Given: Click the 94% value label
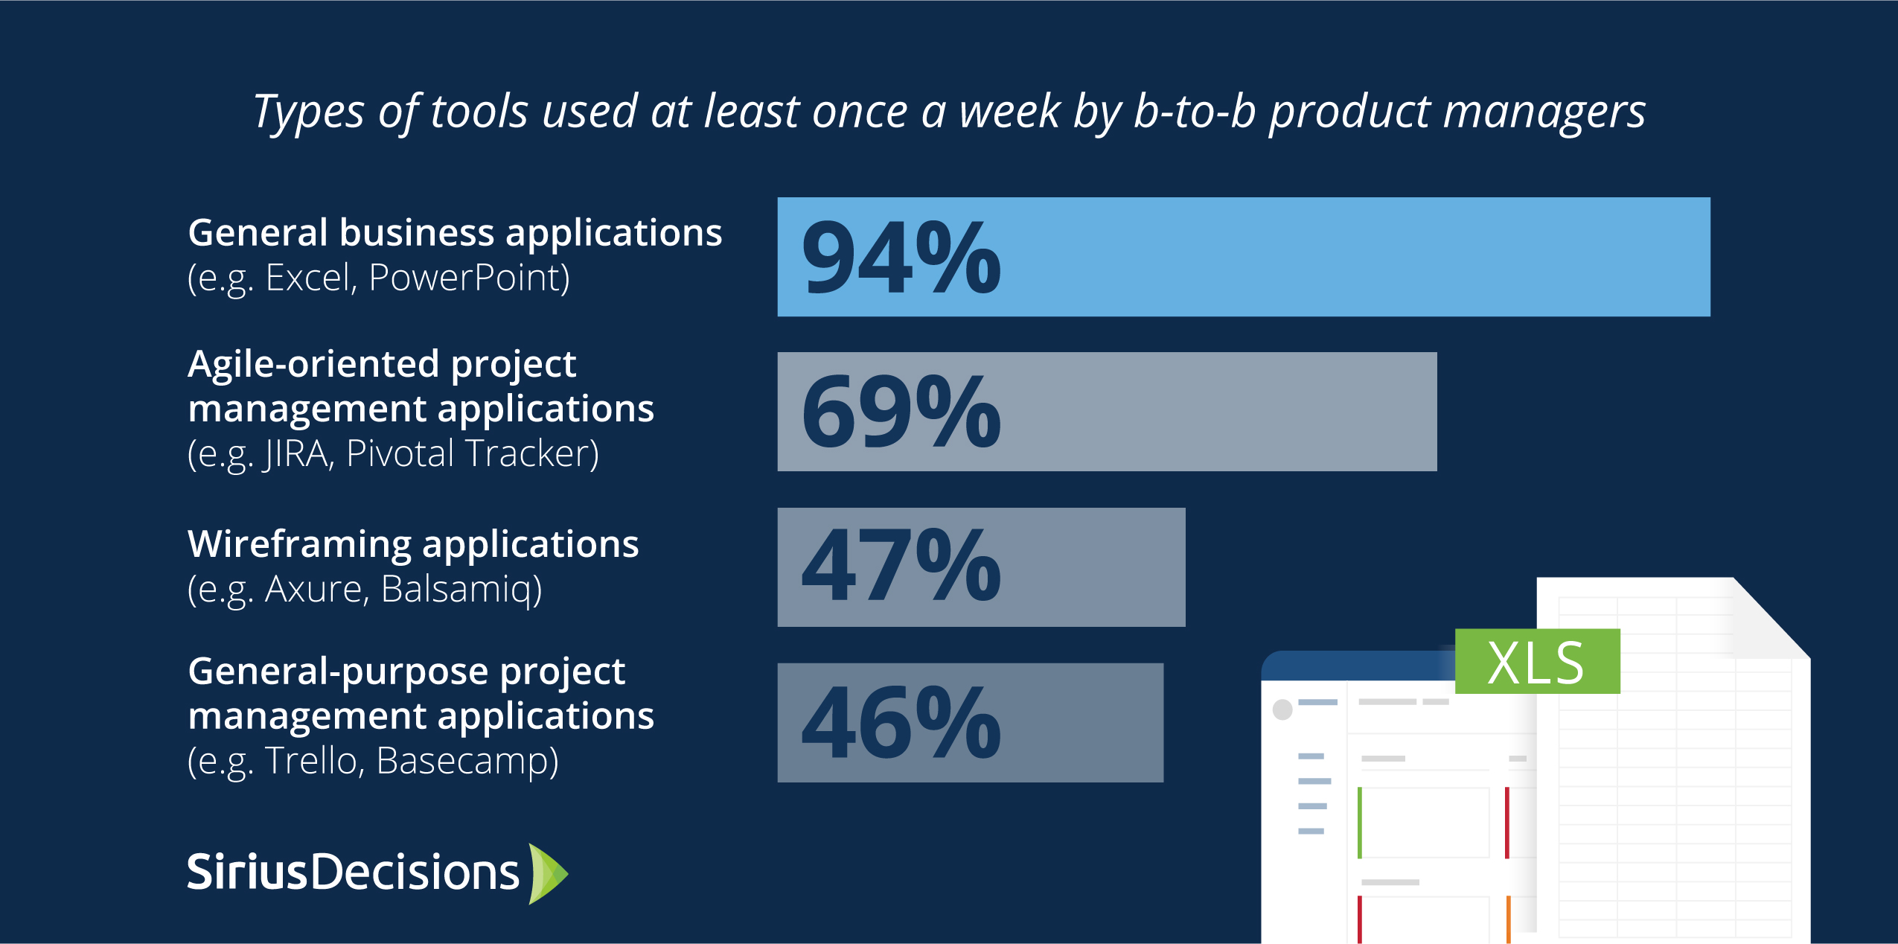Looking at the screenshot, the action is coord(901,258).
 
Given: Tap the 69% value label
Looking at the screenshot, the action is coord(901,412).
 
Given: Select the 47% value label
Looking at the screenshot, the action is coord(901,565).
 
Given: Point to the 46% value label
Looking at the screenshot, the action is coord(901,722).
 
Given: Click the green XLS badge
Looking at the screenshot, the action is coord(1537,661).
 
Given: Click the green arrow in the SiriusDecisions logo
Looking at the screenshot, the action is coord(548,873).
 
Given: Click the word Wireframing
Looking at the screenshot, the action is coord(299,545).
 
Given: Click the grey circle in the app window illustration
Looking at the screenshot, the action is coord(1282,709).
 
